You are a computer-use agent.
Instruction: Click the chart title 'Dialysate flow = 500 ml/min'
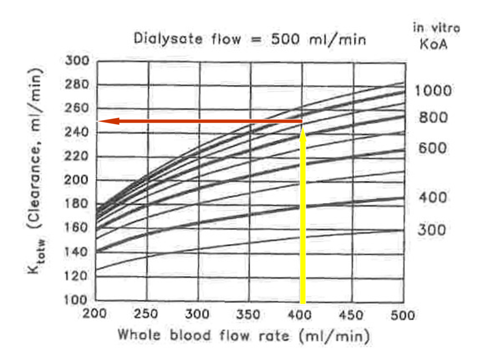coord(250,39)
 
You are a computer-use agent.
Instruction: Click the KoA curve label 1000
coord(433,91)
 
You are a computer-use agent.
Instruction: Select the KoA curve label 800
coord(433,118)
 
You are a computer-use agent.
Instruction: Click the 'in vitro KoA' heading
coord(436,35)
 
